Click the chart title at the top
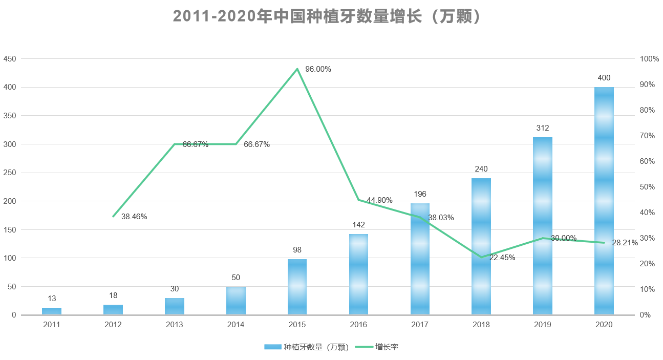[328, 16]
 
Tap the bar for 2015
[297, 287]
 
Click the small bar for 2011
[52, 311]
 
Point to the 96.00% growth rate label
[318, 69]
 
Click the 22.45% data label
[502, 258]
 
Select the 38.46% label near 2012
[134, 217]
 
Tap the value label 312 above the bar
[543, 128]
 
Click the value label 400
[604, 78]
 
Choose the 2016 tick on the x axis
[358, 325]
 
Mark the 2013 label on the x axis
[174, 325]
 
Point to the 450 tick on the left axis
[10, 59]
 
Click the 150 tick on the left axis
[10, 229]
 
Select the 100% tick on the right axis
[649, 59]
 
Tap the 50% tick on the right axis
[648, 187]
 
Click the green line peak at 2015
[297, 69]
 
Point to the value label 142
[358, 225]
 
